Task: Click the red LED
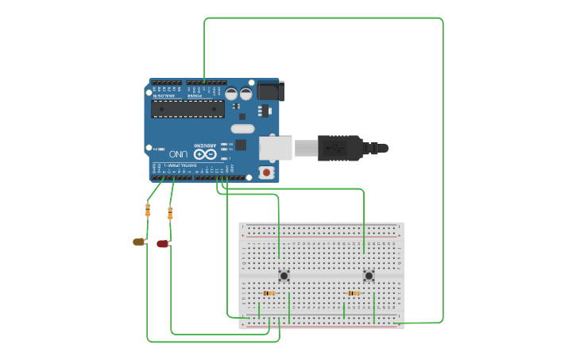pyautogui.click(x=162, y=244)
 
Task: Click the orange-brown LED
pyautogui.click(x=138, y=242)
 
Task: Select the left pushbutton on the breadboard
pyautogui.click(x=284, y=276)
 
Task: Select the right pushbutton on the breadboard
pyautogui.click(x=369, y=276)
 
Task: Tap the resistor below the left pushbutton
pyautogui.click(x=269, y=293)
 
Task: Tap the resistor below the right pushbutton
pyautogui.click(x=354, y=293)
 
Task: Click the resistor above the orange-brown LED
pyautogui.click(x=148, y=210)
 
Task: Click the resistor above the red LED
pyautogui.click(x=170, y=213)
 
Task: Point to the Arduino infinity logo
pyautogui.click(x=205, y=153)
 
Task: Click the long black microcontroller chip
pyautogui.click(x=187, y=109)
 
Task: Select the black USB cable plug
pyautogui.click(x=342, y=148)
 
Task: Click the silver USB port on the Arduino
pyautogui.click(x=275, y=148)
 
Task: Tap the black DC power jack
pyautogui.click(x=269, y=91)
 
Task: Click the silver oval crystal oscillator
pyautogui.click(x=242, y=129)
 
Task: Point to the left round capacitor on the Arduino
pyautogui.click(x=231, y=94)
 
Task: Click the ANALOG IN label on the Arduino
pyautogui.click(x=165, y=96)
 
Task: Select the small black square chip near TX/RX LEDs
pyautogui.click(x=241, y=145)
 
